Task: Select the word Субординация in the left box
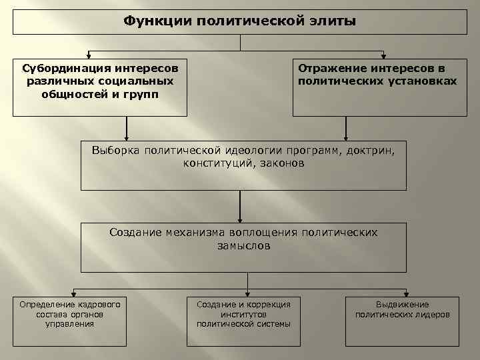coord(59,69)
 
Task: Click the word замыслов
coord(243,245)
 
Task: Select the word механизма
coord(196,233)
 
